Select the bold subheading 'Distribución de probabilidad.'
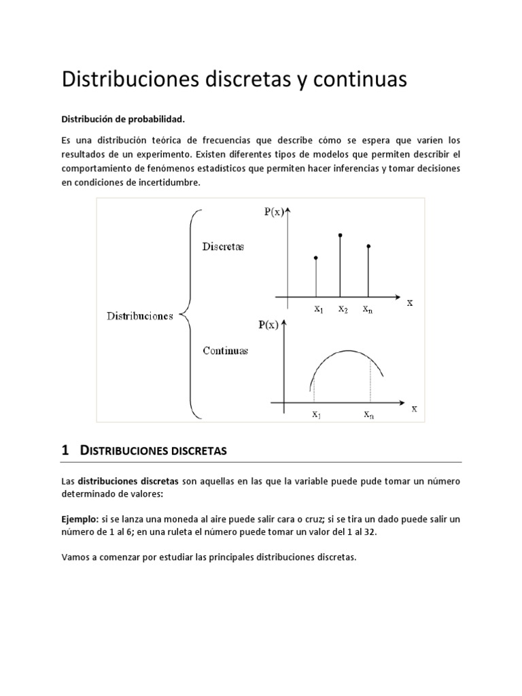[x=123, y=119]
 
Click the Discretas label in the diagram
[x=223, y=247]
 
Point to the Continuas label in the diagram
[x=225, y=351]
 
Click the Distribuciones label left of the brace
[x=140, y=316]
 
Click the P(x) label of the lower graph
[x=268, y=325]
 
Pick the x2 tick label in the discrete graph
[x=343, y=309]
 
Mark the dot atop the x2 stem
[x=340, y=235]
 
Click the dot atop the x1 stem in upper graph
[x=316, y=258]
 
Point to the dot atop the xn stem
[x=368, y=245]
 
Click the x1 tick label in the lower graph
[x=317, y=414]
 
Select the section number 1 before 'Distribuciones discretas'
[x=66, y=450]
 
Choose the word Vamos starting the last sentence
[x=75, y=557]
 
